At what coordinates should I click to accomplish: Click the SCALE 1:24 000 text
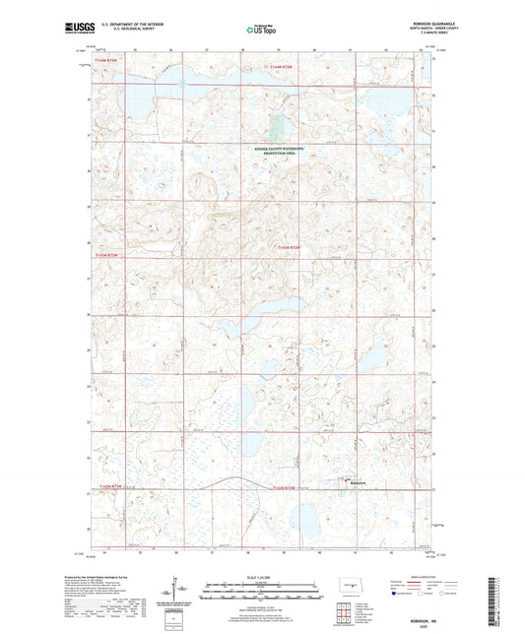point(262,577)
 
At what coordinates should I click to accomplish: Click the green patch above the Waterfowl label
point(276,126)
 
